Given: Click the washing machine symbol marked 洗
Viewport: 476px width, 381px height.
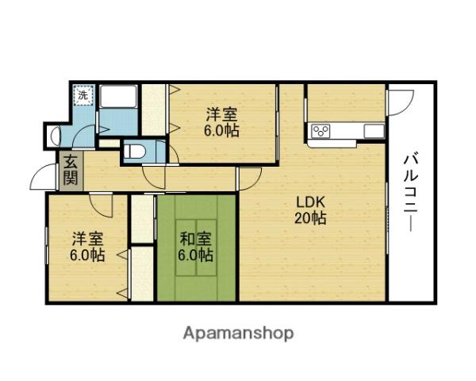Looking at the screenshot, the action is tap(83, 95).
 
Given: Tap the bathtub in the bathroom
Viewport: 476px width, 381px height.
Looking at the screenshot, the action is tap(118, 97).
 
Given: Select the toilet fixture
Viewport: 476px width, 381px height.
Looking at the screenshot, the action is tap(136, 151).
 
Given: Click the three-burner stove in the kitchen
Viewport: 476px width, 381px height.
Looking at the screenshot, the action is tap(321, 131).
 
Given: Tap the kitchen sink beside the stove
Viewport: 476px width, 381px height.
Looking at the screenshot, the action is tap(374, 131).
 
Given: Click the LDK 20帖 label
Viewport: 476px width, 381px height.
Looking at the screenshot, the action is tap(310, 210).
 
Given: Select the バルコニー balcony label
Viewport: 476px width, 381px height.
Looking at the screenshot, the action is tap(411, 193).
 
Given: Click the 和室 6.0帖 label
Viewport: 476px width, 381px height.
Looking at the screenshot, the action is tap(195, 247).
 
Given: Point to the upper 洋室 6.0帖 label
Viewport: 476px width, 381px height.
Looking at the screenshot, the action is tap(221, 122).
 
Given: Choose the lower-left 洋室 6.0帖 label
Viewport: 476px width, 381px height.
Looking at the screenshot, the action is tap(87, 247).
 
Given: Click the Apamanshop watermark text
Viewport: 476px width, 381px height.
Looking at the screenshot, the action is tap(238, 334).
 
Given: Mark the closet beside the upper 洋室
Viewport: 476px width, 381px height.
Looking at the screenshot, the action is tap(154, 110).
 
